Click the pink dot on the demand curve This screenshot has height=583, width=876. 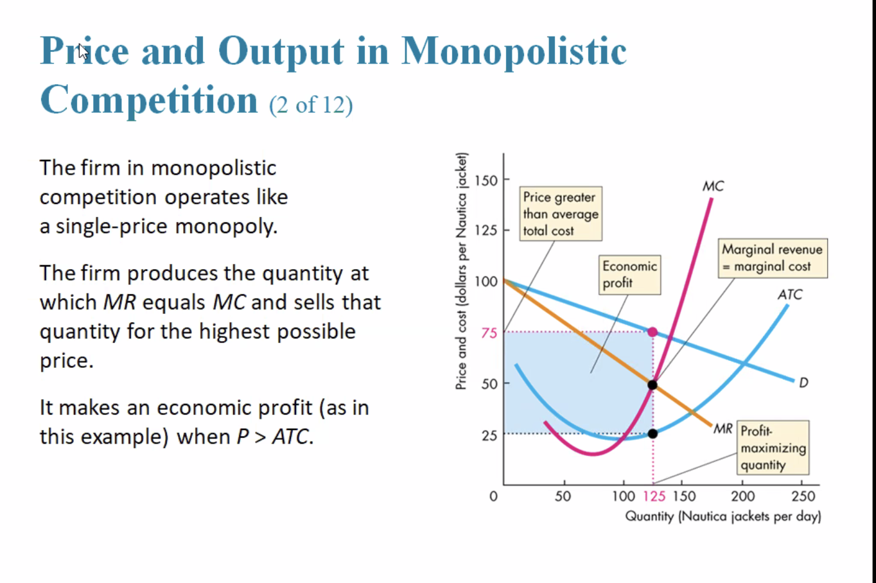pos(653,332)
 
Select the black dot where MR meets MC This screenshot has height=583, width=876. pos(653,385)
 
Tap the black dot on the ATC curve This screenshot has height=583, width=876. pos(653,433)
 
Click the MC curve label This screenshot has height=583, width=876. pos(713,186)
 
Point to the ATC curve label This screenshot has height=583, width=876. pos(789,294)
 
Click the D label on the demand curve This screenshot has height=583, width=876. pos(803,383)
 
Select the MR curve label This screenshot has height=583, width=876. pos(723,428)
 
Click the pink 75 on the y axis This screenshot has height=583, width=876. pos(489,333)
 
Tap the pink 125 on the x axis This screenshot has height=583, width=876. pos(654,496)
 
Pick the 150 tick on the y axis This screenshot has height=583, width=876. pos(486,180)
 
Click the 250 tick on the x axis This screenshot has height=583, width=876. pos(803,496)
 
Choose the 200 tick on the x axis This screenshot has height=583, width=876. pos(743,496)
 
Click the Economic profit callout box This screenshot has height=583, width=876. pos(629,275)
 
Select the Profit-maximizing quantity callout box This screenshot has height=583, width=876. pos(773,448)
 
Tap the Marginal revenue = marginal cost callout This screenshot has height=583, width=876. pos(772,258)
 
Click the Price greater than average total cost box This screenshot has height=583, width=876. pos(560,214)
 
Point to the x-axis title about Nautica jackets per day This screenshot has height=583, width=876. pos(723,516)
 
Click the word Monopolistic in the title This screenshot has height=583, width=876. pos(514,51)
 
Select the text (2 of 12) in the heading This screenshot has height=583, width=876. pos(311,105)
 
